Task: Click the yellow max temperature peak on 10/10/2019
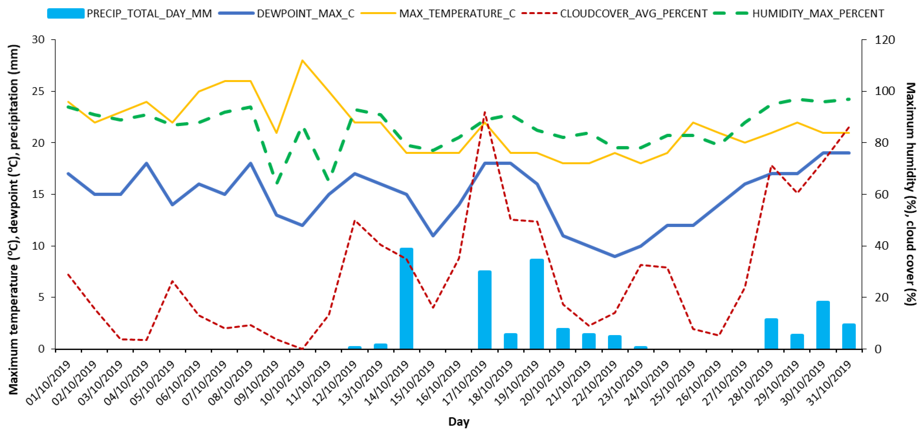click(303, 60)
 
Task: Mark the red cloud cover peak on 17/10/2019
click(485, 112)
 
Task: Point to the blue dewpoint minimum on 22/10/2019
click(614, 256)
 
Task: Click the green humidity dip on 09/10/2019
click(276, 184)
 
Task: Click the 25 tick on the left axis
click(38, 91)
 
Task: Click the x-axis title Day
click(459, 422)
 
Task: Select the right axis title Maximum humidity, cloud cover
click(911, 193)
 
